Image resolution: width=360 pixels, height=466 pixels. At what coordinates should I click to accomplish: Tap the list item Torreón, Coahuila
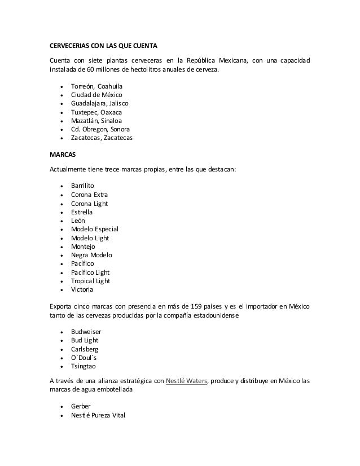(x=96, y=86)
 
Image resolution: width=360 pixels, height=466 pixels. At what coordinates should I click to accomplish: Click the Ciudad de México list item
(x=96, y=95)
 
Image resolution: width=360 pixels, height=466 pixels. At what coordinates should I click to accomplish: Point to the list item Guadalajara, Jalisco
(x=99, y=103)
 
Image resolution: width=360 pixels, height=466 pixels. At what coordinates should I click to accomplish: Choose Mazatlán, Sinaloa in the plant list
(x=96, y=121)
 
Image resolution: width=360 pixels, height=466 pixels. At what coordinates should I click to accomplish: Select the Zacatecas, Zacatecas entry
(x=102, y=138)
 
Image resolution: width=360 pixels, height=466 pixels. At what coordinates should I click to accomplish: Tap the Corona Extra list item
(x=89, y=194)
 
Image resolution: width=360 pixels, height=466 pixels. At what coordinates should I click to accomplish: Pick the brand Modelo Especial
(x=95, y=229)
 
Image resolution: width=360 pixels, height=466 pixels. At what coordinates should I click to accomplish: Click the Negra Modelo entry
(x=91, y=255)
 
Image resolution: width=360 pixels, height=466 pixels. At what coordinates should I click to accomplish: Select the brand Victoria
(x=82, y=290)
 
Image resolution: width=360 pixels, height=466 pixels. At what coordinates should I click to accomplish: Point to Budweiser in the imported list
(x=86, y=331)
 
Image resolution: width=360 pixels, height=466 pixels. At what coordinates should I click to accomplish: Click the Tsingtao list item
(x=84, y=366)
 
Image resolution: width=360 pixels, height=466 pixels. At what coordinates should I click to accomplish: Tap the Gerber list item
(x=81, y=406)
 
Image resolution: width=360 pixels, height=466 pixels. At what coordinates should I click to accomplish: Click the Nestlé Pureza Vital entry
(x=98, y=415)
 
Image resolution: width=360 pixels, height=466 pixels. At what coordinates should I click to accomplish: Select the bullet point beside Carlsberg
(x=61, y=349)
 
